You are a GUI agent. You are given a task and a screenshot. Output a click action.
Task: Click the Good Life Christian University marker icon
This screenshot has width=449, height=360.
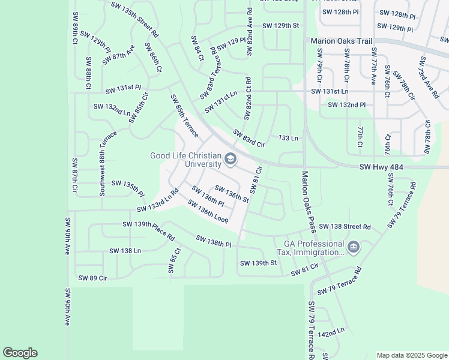[231, 160]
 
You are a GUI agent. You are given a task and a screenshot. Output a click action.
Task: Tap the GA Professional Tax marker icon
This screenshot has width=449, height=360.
[354, 247]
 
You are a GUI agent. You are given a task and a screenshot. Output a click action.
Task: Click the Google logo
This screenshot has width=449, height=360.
[20, 353]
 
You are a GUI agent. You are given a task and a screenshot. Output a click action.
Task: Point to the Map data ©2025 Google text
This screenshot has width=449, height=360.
[411, 355]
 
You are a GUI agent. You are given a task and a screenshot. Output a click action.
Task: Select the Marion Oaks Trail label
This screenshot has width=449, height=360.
[341, 41]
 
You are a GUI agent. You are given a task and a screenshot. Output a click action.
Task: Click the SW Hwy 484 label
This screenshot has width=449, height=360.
[382, 168]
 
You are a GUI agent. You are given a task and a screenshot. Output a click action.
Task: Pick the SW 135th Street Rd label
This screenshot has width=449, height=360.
[134, 19]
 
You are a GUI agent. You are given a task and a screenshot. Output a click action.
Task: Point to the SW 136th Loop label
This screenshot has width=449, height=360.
[208, 211]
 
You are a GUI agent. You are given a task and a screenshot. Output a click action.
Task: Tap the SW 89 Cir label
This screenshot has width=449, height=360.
[92, 278]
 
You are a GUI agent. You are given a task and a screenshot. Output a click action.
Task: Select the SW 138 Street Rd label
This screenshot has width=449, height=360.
[345, 227]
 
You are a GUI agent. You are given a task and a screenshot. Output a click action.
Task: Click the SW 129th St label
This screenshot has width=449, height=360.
[281, 26]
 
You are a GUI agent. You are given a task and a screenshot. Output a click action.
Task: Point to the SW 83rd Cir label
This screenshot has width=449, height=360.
[249, 139]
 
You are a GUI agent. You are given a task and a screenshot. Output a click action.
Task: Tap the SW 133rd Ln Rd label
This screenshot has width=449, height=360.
[158, 201]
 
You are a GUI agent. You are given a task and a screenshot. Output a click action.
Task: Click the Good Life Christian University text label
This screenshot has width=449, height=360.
[185, 160]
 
